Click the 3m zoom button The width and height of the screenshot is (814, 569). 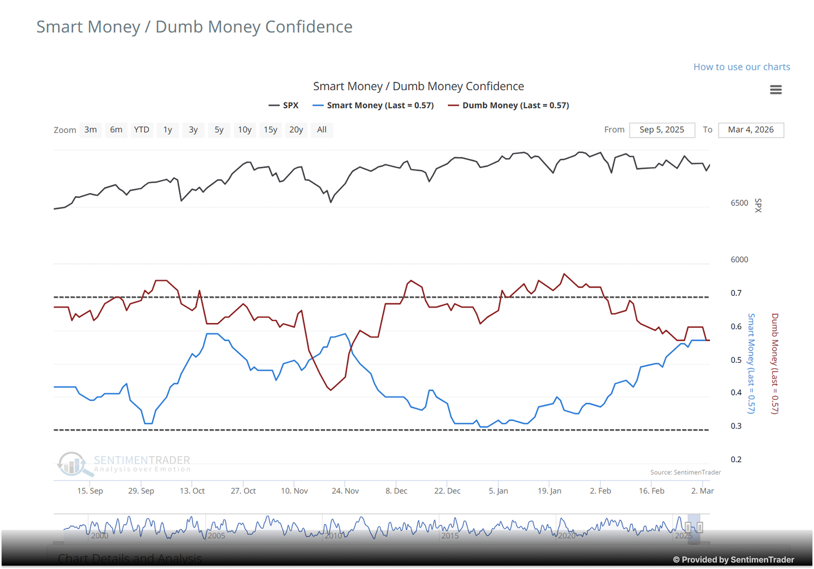point(91,130)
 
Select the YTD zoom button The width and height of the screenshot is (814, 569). point(142,130)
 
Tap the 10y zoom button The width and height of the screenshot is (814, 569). point(245,130)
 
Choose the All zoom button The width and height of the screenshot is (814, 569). point(322,130)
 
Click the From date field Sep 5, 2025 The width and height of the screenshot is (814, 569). point(662,130)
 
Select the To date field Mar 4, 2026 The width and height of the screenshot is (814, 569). point(751,130)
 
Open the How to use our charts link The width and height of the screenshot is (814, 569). point(742,67)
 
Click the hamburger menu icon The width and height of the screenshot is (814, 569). point(776,89)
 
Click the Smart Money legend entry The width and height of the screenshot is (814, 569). point(374,105)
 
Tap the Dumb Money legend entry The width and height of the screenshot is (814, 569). point(509,105)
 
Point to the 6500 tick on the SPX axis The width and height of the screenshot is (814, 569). point(739,203)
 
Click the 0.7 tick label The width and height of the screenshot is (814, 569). point(736,293)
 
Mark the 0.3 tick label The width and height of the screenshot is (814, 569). point(736,426)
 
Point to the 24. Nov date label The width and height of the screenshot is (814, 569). point(345,491)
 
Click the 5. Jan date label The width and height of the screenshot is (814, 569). point(498,491)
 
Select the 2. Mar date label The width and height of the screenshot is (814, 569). point(702,491)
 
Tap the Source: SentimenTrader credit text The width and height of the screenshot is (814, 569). point(685,472)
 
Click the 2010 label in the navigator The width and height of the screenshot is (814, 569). point(333,535)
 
